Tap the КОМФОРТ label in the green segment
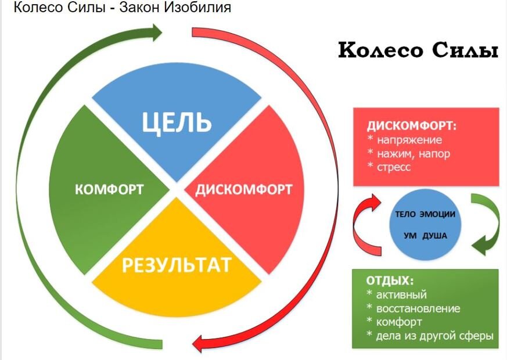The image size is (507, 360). [x=110, y=189]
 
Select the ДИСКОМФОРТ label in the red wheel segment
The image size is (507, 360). [x=243, y=190]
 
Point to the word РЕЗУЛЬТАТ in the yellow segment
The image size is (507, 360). [x=177, y=265]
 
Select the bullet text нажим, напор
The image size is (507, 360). [x=413, y=153]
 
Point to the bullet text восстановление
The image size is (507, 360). [x=418, y=308]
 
